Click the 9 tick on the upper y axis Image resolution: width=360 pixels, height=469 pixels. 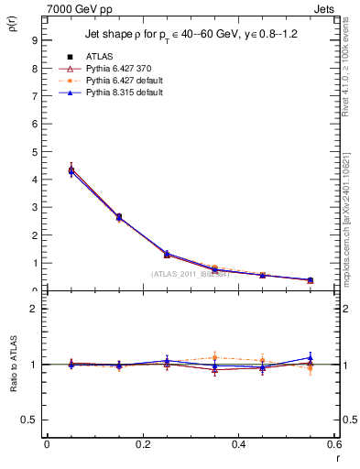point(34,40)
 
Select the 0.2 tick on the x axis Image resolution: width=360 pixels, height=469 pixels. point(143,443)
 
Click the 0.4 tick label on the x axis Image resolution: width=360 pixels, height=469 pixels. point(238,443)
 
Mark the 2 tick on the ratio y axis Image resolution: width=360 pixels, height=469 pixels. point(34,309)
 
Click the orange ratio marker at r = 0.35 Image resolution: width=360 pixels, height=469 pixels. point(214,357)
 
